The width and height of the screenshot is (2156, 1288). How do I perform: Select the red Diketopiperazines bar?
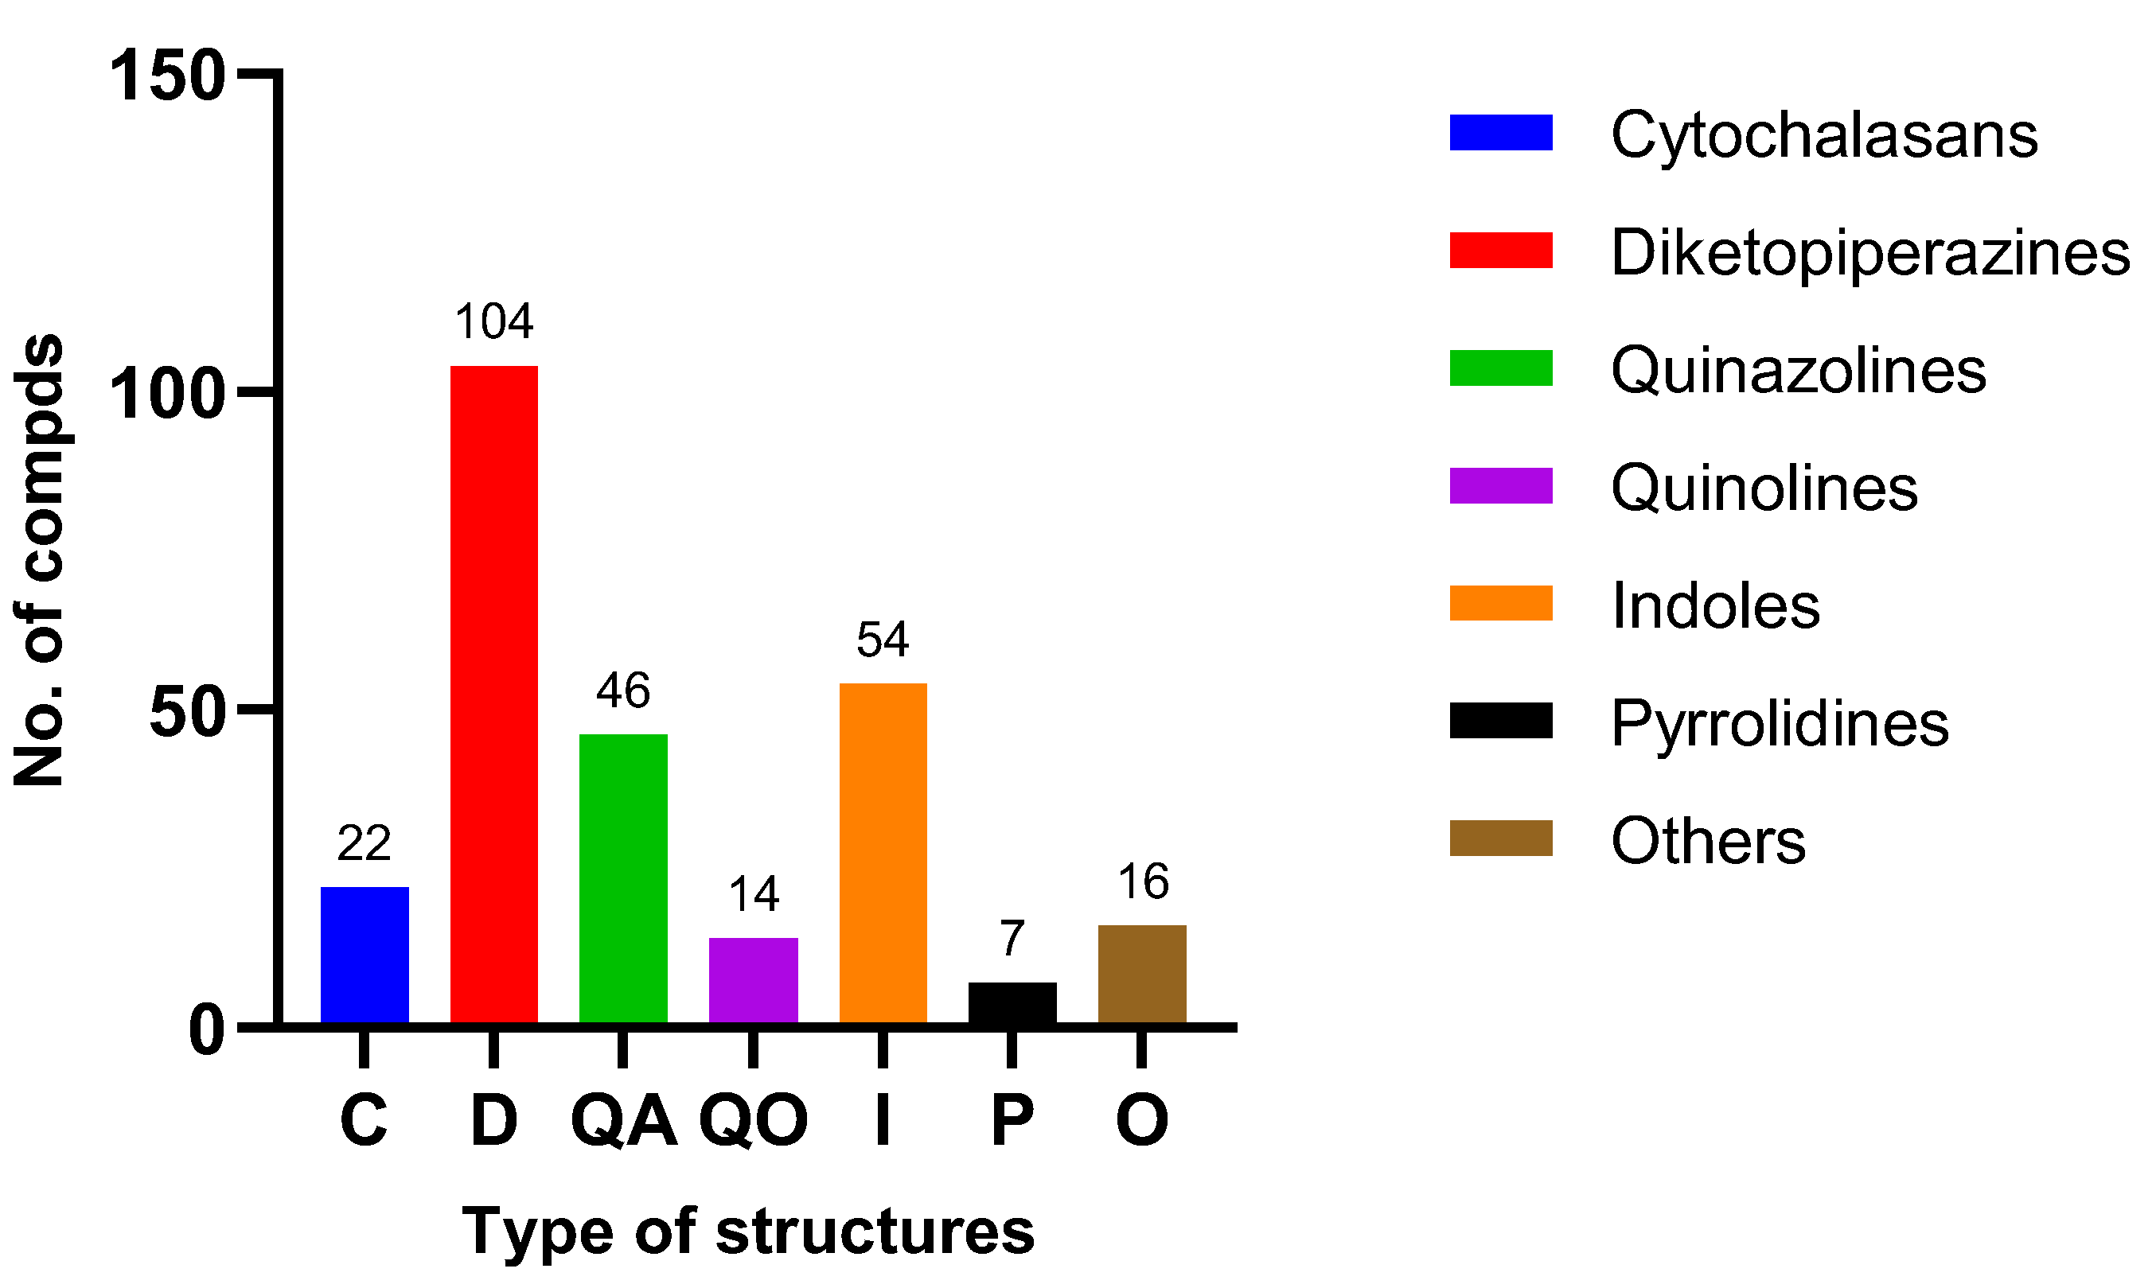(x=494, y=695)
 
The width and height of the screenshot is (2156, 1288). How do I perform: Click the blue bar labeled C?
(x=365, y=955)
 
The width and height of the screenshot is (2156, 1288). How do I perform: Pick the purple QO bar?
(x=754, y=980)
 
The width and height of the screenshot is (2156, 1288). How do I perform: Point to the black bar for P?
(x=1012, y=1003)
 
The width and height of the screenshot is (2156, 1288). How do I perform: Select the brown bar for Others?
(x=1142, y=974)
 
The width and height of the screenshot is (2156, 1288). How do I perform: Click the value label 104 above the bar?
(x=494, y=322)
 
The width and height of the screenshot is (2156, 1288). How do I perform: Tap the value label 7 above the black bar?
(x=1012, y=939)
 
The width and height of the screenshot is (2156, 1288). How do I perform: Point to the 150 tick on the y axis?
(x=166, y=76)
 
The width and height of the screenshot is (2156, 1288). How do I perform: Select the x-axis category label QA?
(x=623, y=1120)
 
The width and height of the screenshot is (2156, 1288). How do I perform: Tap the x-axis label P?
(x=1012, y=1120)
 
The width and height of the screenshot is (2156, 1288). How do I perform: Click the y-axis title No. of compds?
(x=40, y=560)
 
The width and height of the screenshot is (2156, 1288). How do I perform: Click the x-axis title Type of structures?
(x=748, y=1232)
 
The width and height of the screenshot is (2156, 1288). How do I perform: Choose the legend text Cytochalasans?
(x=1823, y=134)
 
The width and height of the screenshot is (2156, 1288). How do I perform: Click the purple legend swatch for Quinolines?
(x=1500, y=486)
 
